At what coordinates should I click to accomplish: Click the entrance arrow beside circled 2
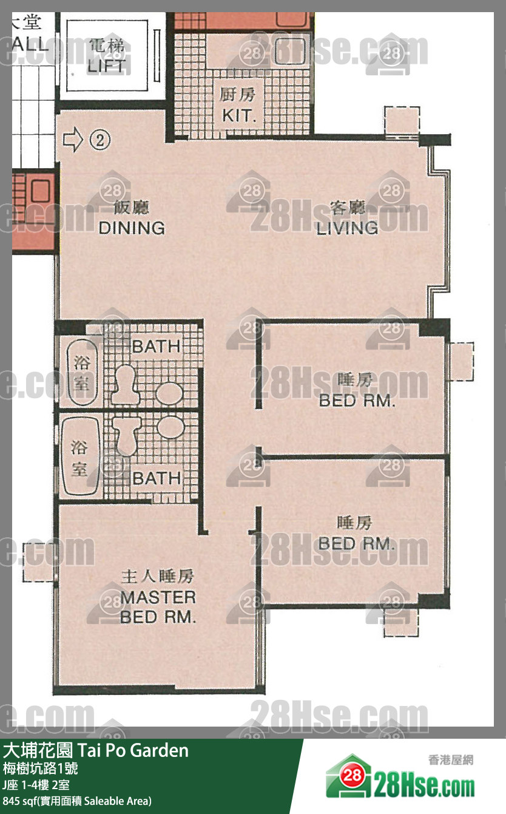click(x=73, y=140)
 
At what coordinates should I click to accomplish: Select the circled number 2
click(x=101, y=140)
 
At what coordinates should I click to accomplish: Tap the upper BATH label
click(x=157, y=347)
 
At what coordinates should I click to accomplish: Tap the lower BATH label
click(x=157, y=478)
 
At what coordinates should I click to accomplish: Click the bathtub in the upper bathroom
click(x=81, y=371)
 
